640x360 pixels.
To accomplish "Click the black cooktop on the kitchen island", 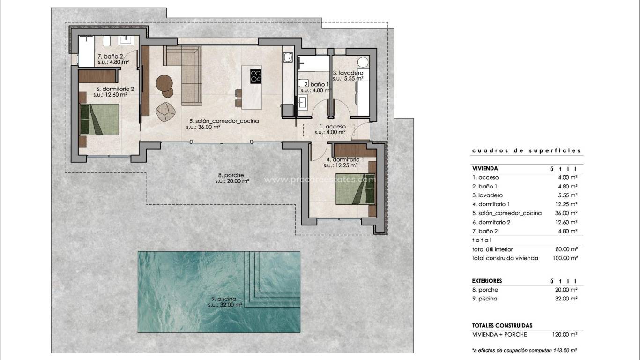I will click(x=256, y=76).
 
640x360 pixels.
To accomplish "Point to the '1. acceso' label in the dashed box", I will click(x=332, y=127).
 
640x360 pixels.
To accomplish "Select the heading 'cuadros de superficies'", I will click(x=526, y=151).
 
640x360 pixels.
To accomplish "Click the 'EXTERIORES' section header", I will click(x=487, y=281).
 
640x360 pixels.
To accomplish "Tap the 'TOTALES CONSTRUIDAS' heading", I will click(x=502, y=325).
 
